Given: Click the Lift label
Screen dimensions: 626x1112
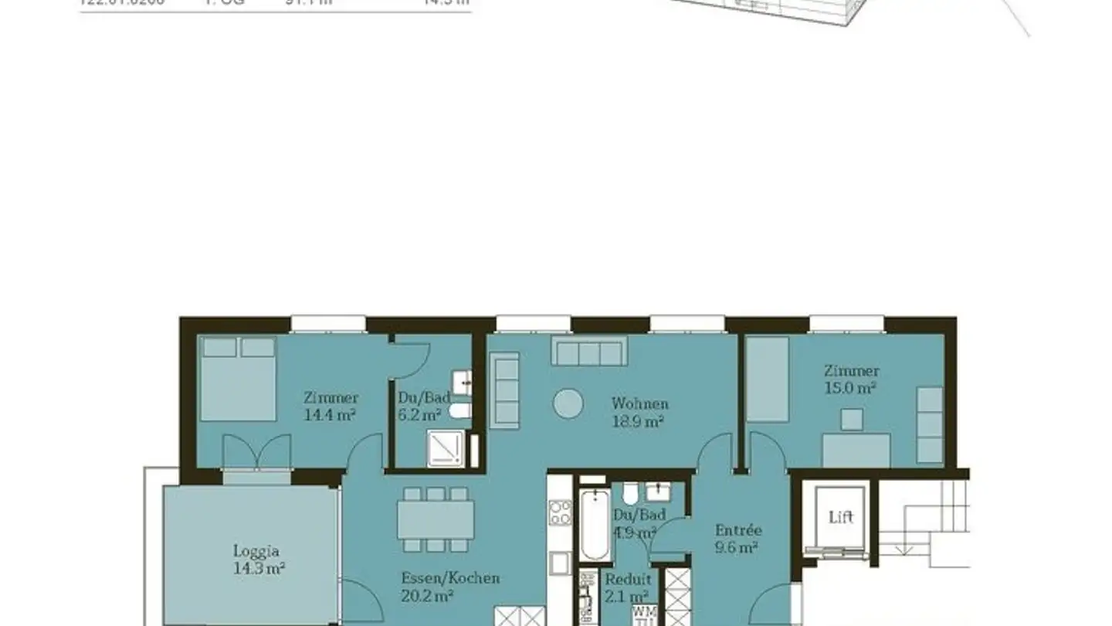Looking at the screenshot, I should pos(841,517).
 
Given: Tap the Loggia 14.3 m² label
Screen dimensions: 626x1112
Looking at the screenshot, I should pos(256,560).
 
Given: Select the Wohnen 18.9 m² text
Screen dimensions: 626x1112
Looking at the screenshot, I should pos(639,412).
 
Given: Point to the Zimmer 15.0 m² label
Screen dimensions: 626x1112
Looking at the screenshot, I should pos(850,379).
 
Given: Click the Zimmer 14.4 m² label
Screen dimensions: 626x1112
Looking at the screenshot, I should pos(331,406).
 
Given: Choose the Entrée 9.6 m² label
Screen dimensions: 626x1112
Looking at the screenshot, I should pos(737,539).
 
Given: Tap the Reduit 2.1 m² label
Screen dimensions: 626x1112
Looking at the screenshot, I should pos(627,587).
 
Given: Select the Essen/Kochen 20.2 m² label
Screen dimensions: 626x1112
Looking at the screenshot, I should pos(450,587).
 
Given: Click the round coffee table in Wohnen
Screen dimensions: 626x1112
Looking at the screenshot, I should pos(568,403).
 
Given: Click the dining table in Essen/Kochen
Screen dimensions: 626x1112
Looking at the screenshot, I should pos(436,519).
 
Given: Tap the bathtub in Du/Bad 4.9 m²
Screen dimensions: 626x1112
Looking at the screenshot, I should pos(595,526).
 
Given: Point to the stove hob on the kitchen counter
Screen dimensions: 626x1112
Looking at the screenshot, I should pos(560,512).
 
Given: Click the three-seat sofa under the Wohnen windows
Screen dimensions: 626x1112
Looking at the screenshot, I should pos(588,352).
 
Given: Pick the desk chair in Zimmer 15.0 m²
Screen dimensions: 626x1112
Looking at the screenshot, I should pos(852,420).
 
